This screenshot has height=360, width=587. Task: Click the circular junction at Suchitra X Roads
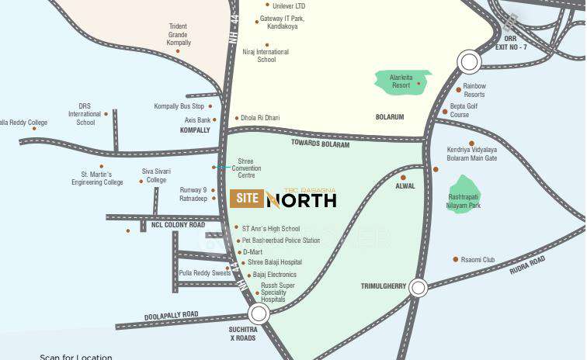pos(259,313)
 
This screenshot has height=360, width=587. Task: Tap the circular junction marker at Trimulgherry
pos(419,288)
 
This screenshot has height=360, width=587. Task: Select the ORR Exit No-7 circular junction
pos(469,61)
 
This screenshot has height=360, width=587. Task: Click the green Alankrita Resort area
pos(401,81)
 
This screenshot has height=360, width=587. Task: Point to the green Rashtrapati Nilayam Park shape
pos(464,193)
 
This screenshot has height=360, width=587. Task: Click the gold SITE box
pos(245,199)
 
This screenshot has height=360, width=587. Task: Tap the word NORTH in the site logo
pos(301,201)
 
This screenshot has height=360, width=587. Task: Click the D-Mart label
pos(253,251)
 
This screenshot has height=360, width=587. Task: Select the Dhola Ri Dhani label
pos(261,118)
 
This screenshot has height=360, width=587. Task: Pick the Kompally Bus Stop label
pos(179,106)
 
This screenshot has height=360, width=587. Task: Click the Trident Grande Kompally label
pos(178,34)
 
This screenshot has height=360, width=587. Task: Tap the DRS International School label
pos(85,114)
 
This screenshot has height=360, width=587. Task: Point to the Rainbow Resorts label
pos(474,90)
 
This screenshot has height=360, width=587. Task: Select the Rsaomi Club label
pos(478,259)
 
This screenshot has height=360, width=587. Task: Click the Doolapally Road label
pos(171,315)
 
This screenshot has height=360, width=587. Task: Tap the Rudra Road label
pos(527,265)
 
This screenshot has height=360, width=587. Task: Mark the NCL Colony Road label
pos(178,225)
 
